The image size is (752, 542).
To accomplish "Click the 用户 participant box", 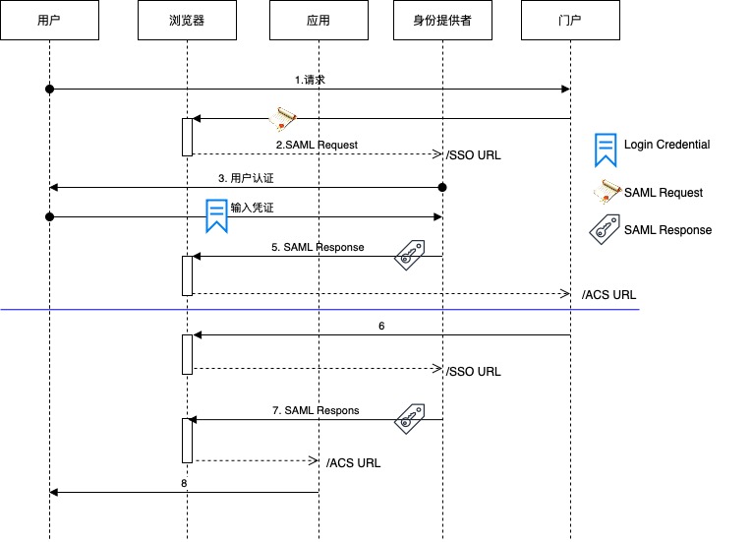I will point(49,20).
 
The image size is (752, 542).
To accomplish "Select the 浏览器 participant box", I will point(187,20).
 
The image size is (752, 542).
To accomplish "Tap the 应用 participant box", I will point(318,20).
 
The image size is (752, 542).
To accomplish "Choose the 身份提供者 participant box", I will point(443,20).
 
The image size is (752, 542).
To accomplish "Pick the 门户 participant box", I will point(571,20).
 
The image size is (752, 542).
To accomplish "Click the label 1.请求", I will point(310,79).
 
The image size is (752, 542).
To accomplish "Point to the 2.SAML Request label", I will point(316,145).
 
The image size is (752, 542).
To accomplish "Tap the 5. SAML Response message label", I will point(318,247).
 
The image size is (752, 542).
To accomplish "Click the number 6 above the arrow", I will point(381,325).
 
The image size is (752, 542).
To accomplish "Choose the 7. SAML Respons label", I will point(316,409).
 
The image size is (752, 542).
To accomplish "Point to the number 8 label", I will point(184,483).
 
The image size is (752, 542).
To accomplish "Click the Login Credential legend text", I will point(666,145).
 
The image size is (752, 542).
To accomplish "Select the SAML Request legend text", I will point(664,193).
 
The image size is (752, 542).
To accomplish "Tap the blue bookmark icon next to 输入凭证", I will point(216,215).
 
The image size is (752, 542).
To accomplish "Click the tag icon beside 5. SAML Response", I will point(409,255).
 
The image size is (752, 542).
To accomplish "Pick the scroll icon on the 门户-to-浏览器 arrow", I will point(284,118).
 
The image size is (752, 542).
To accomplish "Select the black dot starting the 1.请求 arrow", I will point(49,90).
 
